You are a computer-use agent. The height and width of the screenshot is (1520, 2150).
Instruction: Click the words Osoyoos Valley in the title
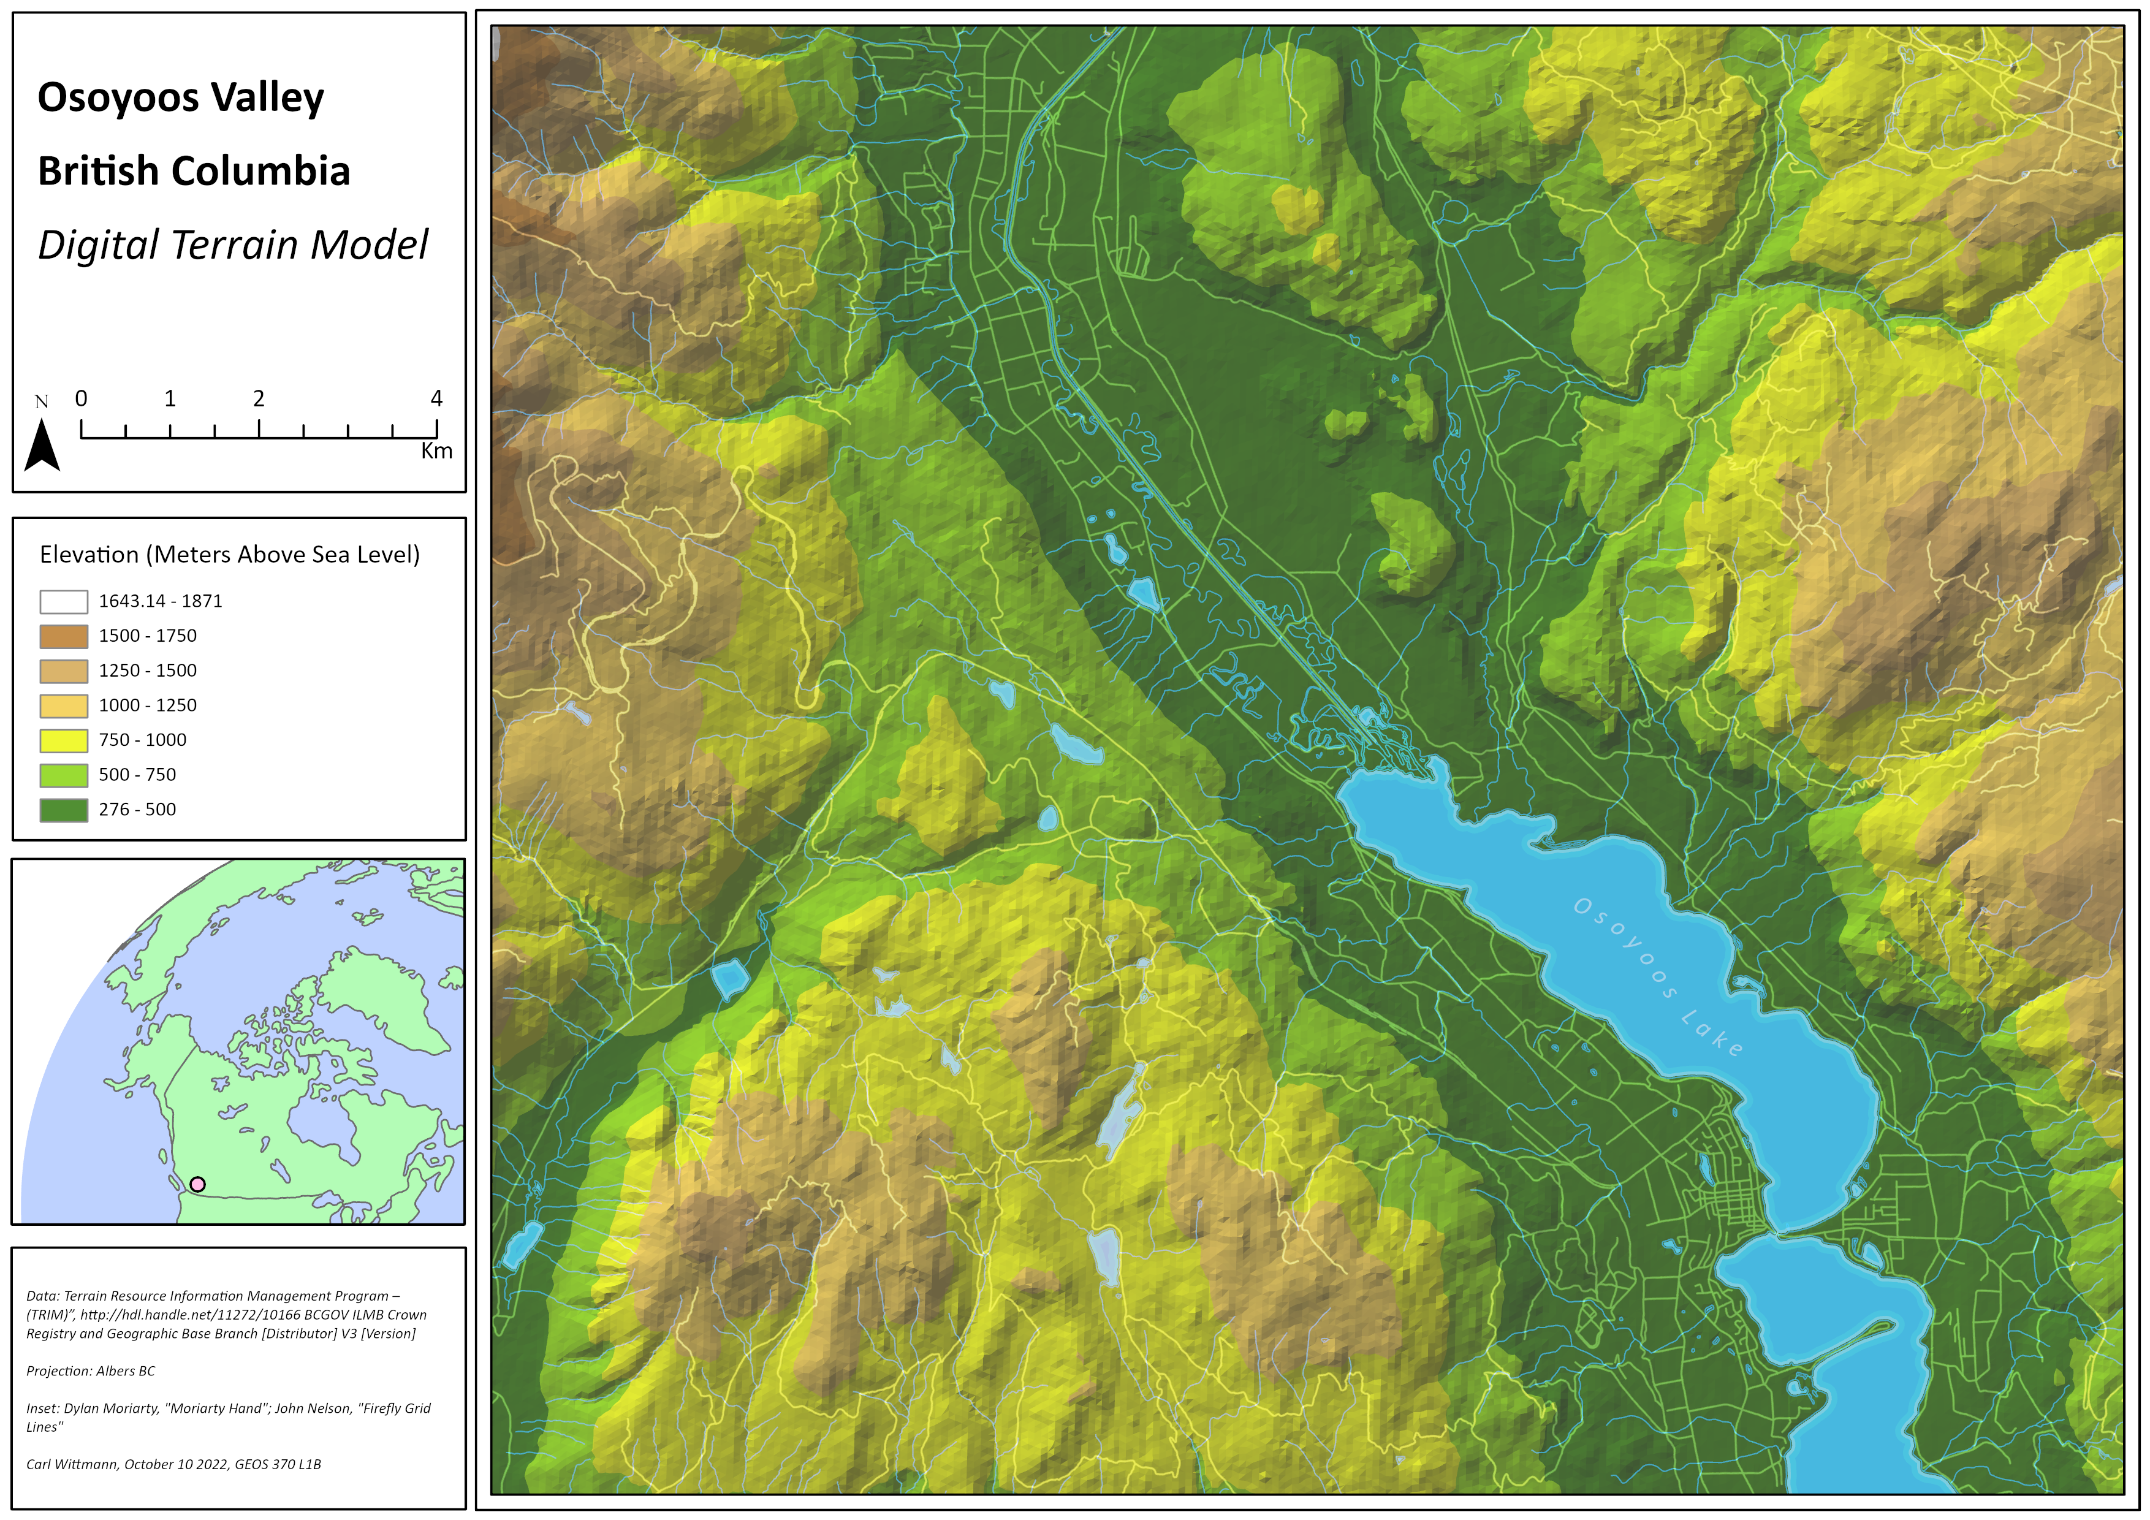point(181,98)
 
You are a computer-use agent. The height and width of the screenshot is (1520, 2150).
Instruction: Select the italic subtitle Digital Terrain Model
point(232,245)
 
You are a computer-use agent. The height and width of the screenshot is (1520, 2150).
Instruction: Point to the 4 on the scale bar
point(436,399)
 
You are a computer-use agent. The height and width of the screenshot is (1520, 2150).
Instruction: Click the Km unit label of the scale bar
point(436,452)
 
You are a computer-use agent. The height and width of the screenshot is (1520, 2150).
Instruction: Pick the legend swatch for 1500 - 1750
point(64,637)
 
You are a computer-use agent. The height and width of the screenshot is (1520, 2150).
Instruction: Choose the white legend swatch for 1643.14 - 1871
point(64,601)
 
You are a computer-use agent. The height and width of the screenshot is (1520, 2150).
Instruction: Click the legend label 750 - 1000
point(142,740)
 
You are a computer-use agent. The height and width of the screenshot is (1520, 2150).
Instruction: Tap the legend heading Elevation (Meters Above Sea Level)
point(229,555)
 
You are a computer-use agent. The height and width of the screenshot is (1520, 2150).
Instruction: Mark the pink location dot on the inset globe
point(197,1184)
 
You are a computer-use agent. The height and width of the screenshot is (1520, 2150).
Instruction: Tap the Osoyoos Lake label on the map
point(1657,977)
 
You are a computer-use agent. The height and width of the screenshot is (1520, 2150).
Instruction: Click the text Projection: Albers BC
point(91,1371)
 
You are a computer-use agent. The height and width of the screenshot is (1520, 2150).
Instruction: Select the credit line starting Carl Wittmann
point(173,1465)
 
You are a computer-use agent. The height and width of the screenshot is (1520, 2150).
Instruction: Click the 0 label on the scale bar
point(82,399)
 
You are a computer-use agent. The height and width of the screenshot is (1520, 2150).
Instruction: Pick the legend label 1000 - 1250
point(148,705)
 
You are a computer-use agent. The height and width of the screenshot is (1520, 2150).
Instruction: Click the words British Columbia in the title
point(194,172)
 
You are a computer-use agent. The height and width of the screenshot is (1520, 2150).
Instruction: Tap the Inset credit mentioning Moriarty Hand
point(229,1408)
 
